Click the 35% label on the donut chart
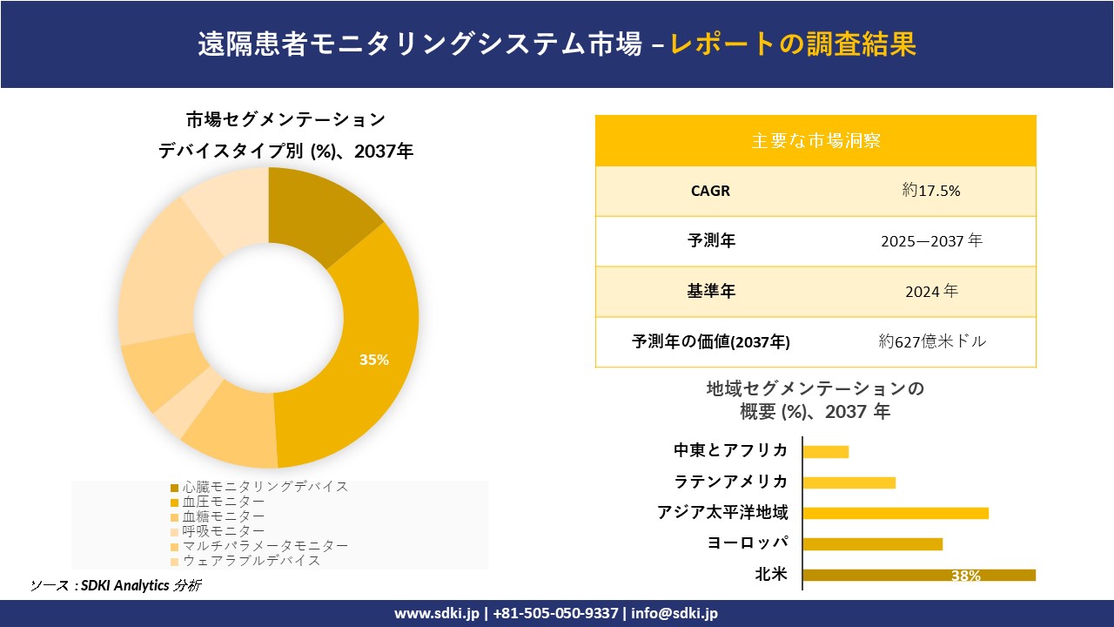(x=374, y=360)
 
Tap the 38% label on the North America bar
(x=965, y=576)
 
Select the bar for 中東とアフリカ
(x=825, y=451)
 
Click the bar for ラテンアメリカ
(x=849, y=482)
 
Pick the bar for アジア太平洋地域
(x=895, y=513)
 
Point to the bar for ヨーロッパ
(x=872, y=544)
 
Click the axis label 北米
(x=771, y=575)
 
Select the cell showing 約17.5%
(x=930, y=191)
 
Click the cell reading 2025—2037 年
(x=930, y=241)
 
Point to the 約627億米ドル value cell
(x=932, y=342)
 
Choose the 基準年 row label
(x=711, y=292)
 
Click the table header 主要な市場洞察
(x=815, y=140)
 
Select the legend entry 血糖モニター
(x=224, y=516)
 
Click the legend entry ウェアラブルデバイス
(x=251, y=561)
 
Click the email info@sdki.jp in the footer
(x=674, y=614)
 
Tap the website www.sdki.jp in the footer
(x=437, y=614)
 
